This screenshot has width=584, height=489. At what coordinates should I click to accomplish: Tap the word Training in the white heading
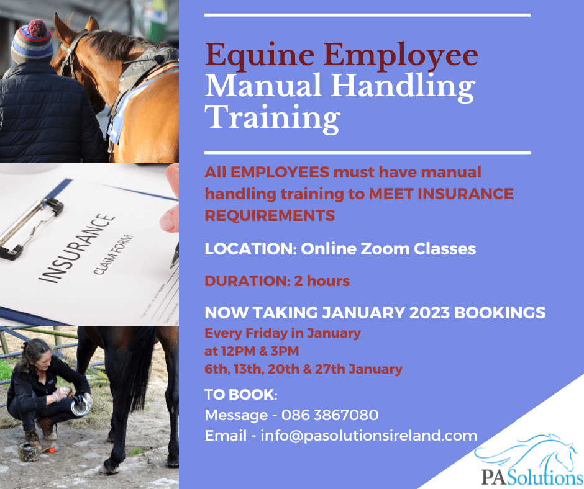[272, 118]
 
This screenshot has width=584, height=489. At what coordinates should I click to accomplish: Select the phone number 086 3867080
[330, 415]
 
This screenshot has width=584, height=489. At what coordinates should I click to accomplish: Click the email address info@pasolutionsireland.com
[368, 436]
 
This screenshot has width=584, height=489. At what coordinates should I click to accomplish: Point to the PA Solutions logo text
[532, 477]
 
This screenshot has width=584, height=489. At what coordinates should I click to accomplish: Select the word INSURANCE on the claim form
[77, 248]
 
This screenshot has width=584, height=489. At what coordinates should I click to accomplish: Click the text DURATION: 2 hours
[277, 281]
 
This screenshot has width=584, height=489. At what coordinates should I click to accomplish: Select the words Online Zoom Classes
[388, 249]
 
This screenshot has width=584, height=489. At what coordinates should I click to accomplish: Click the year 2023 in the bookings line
[429, 313]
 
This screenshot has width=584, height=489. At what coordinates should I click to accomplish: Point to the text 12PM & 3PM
[260, 351]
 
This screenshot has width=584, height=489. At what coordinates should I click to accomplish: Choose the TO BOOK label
[240, 395]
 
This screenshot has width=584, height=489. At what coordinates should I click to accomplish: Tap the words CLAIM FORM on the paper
[113, 254]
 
